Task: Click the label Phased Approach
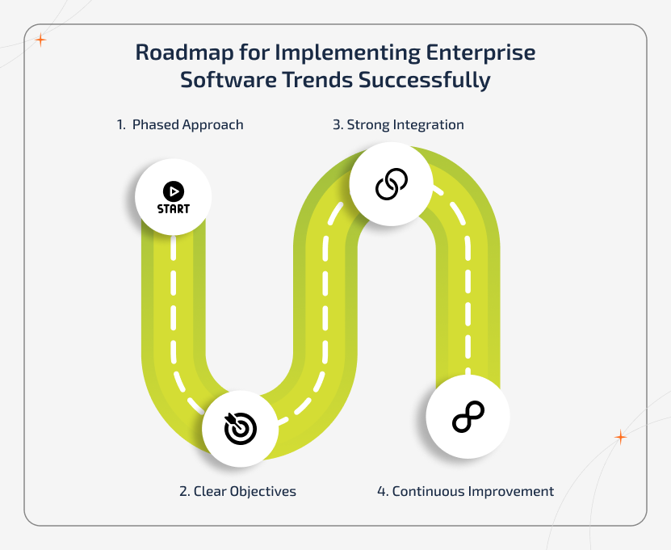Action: (188, 124)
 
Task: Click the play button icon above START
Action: (174, 191)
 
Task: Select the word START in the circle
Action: (174, 208)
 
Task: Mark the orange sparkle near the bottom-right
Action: (620, 437)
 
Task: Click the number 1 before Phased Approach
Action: (120, 124)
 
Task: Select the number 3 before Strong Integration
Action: (337, 124)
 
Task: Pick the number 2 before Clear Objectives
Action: (184, 491)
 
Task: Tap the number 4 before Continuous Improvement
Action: (381, 491)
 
